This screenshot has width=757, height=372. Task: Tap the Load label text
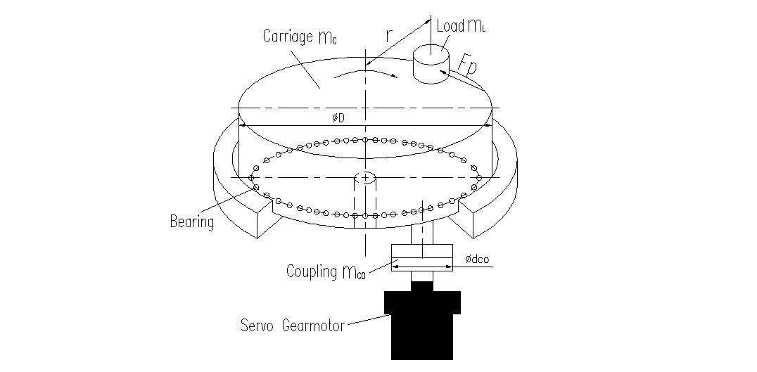[450, 27]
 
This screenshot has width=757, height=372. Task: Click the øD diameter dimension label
[338, 117]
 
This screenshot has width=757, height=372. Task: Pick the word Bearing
[191, 222]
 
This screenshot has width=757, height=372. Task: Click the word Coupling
[312, 271]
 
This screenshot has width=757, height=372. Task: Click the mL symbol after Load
[476, 27]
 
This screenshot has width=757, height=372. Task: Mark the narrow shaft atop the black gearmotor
[422, 286]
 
